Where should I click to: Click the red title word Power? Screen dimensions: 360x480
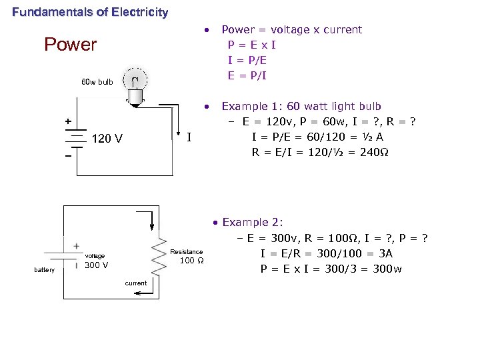click(x=70, y=45)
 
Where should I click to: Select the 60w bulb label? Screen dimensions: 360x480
click(x=97, y=83)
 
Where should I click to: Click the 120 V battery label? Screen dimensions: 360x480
click(x=107, y=139)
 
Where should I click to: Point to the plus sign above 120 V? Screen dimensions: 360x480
click(x=67, y=121)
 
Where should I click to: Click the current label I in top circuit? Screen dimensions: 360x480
click(x=189, y=138)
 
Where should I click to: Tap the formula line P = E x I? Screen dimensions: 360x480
click(x=252, y=45)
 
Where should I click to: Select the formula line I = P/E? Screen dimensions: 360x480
click(x=247, y=60)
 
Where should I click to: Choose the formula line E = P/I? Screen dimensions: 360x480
click(x=247, y=75)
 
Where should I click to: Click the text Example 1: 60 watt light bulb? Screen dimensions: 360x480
click(x=301, y=106)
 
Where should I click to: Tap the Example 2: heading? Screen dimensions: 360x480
click(x=253, y=222)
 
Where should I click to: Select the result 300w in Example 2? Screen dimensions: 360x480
click(x=387, y=269)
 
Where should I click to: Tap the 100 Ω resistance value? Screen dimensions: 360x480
click(x=187, y=261)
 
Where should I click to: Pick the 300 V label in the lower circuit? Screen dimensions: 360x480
click(x=97, y=265)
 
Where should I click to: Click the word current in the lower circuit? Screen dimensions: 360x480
click(x=136, y=283)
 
